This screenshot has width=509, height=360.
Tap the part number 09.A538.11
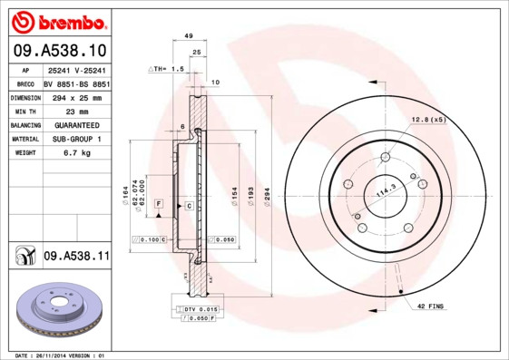point(76,258)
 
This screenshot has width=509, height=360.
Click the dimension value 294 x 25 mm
point(74,97)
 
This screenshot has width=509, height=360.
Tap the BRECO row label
point(24,83)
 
